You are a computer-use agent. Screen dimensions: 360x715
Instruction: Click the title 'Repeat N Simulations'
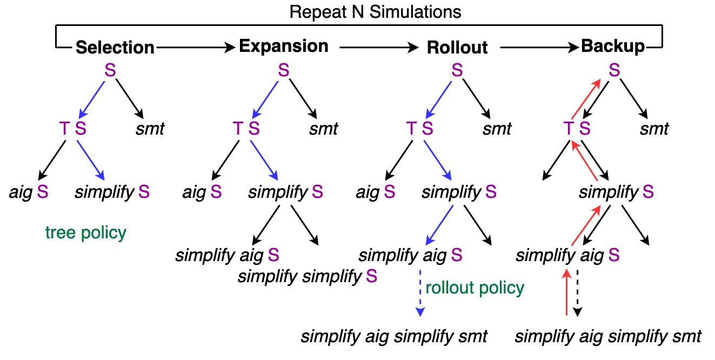(375, 12)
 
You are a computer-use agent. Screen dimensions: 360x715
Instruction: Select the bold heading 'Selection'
(115, 48)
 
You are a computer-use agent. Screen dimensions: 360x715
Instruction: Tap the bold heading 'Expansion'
(284, 46)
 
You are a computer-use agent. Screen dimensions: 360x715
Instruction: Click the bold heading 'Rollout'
(457, 48)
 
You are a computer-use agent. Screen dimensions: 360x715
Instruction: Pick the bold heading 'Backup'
(613, 46)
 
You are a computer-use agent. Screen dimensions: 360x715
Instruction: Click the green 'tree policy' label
(86, 233)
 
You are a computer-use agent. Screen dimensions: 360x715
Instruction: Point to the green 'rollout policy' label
(475, 288)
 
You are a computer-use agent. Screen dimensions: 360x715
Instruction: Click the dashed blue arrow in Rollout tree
(420, 292)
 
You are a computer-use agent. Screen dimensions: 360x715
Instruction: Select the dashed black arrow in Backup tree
(577, 292)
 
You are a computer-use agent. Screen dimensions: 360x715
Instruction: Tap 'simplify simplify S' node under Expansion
(308, 277)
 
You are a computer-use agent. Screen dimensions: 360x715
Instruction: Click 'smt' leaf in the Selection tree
(150, 129)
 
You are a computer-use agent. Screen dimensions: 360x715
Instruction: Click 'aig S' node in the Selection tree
(29, 192)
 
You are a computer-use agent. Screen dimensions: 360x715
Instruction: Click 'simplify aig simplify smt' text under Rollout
(394, 336)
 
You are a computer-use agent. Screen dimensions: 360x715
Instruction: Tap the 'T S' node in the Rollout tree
(419, 129)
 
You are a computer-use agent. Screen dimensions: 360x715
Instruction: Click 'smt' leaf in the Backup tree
(654, 129)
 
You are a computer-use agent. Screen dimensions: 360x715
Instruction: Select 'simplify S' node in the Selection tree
(112, 192)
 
